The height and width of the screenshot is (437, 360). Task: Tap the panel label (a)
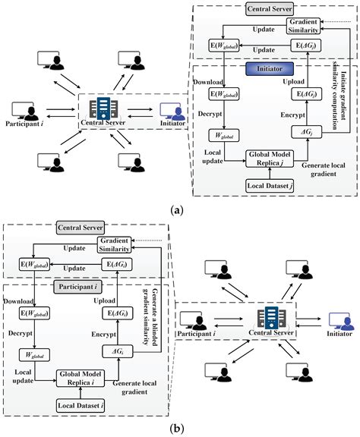pyautogui.click(x=176, y=209)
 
